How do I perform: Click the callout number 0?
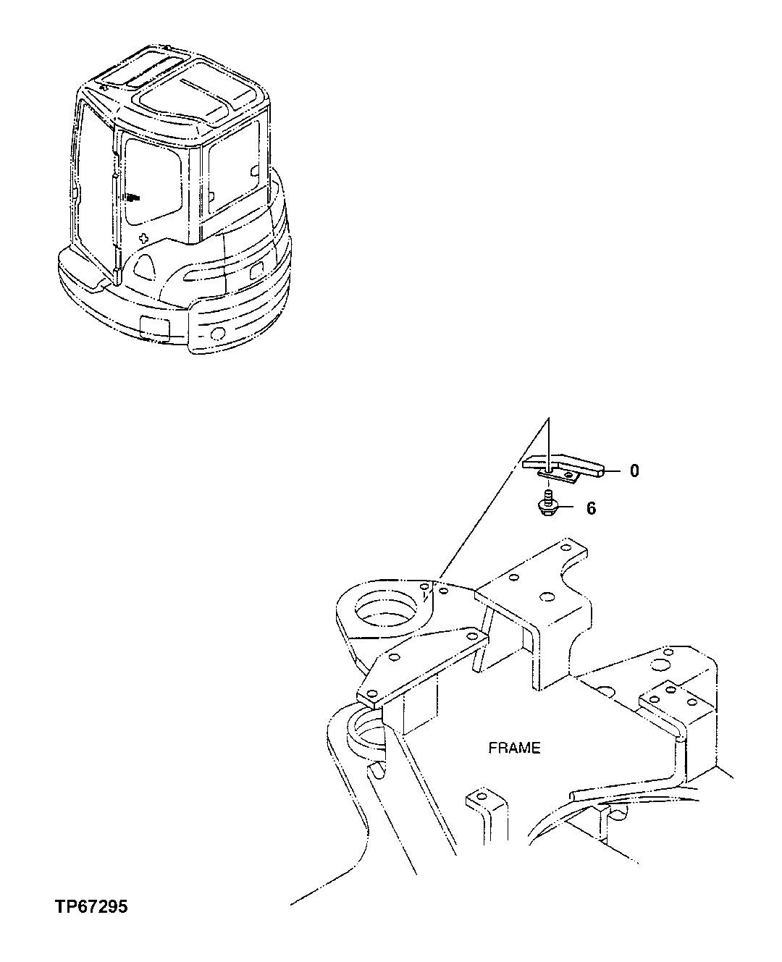[634, 471]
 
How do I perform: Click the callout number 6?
[591, 509]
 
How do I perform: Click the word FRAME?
[514, 748]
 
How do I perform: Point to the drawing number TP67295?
[90, 906]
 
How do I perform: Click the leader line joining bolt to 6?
[569, 509]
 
